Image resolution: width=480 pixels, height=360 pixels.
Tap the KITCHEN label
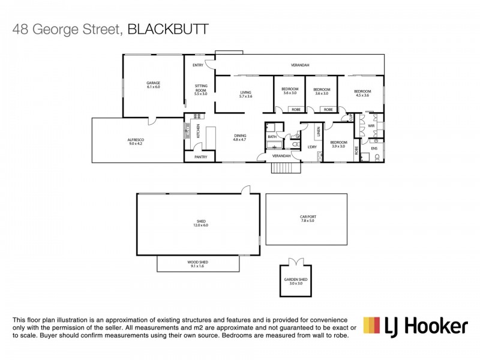[x=199, y=130]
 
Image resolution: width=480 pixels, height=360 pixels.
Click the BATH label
[x=272, y=137]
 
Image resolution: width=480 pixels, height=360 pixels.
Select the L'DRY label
[x=312, y=146]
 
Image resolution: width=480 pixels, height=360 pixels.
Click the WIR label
[x=371, y=126]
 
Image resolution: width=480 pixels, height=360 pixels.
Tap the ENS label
[x=374, y=148]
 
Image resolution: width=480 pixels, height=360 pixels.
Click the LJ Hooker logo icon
[x=372, y=326]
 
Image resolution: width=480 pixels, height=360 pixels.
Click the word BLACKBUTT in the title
[x=169, y=28]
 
